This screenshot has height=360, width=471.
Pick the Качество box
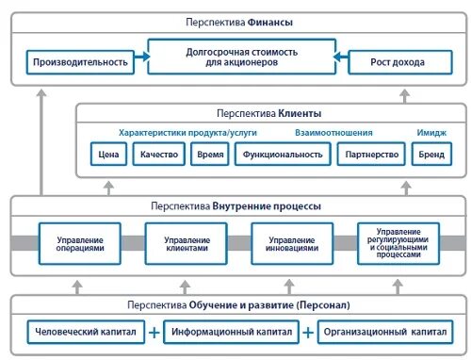coord(157,155)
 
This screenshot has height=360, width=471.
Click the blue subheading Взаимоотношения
coord(334,132)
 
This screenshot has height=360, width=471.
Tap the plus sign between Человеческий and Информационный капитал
coord(154,332)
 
